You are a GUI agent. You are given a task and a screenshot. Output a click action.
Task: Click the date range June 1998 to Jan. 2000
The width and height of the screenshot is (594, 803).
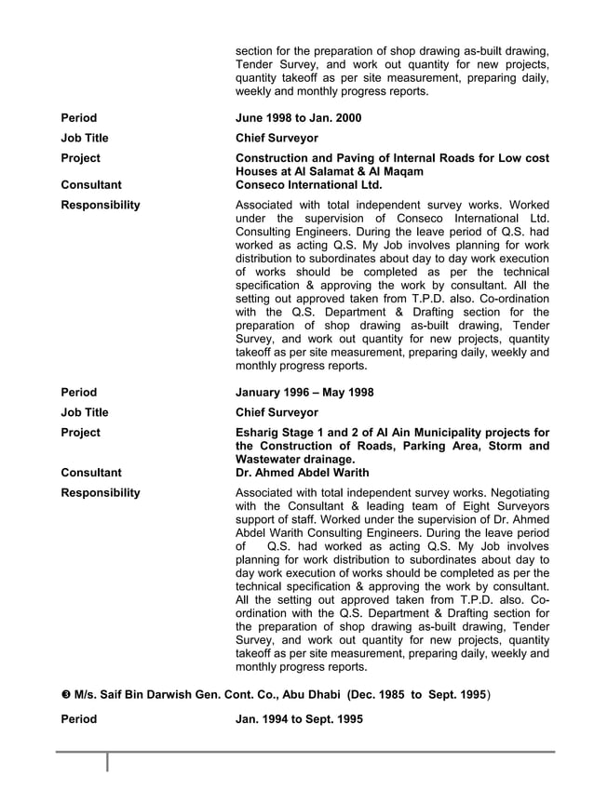[298, 118]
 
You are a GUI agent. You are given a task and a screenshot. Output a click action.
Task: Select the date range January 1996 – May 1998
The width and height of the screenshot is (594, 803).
[304, 393]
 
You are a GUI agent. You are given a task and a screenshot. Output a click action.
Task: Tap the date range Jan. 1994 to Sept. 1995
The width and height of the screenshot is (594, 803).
[299, 719]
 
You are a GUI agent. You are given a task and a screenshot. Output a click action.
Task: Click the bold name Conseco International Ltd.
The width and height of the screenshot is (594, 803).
[309, 184]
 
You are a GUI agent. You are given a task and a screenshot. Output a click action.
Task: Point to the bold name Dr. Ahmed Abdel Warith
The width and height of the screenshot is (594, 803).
[303, 473]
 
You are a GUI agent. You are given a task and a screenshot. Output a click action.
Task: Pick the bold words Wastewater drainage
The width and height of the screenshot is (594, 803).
[295, 460]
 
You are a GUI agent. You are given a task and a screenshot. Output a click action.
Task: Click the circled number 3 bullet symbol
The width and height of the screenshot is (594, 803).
[65, 694]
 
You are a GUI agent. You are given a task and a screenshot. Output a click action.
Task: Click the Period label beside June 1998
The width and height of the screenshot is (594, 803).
[78, 118]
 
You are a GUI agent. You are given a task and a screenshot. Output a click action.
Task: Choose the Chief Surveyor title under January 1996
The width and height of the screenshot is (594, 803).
[277, 412]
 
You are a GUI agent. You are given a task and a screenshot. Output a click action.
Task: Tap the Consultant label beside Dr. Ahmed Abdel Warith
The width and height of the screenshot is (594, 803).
[90, 473]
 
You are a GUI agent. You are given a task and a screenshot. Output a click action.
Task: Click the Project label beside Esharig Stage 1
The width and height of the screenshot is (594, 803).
[80, 433]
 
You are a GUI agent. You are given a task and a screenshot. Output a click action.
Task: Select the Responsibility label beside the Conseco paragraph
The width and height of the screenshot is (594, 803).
[101, 205]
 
